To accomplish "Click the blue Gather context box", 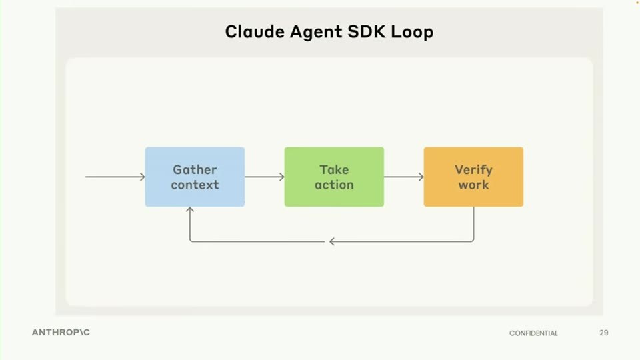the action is pyautogui.click(x=195, y=177).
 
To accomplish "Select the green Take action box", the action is pyautogui.click(x=334, y=177).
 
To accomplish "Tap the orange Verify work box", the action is pyautogui.click(x=473, y=177).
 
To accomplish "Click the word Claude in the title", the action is pyautogui.click(x=255, y=31).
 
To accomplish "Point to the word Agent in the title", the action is pyautogui.click(x=316, y=32).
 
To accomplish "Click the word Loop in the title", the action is pyautogui.click(x=412, y=32).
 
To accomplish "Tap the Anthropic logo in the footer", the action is pyautogui.click(x=61, y=332).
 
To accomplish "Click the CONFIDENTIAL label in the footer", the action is pyautogui.click(x=533, y=333).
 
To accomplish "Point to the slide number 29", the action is pyautogui.click(x=604, y=333).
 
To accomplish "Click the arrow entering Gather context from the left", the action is pyautogui.click(x=115, y=177).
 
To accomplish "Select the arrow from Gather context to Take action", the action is pyautogui.click(x=265, y=177).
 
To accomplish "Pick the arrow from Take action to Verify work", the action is pyautogui.click(x=404, y=177).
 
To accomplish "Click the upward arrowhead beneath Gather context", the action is pyautogui.click(x=190, y=209).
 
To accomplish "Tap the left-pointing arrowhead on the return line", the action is pyautogui.click(x=332, y=241).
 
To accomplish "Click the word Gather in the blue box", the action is pyautogui.click(x=195, y=169).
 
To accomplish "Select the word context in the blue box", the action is pyautogui.click(x=195, y=185).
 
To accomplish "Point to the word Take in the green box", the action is pyautogui.click(x=334, y=169).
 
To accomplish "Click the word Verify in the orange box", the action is pyautogui.click(x=473, y=170).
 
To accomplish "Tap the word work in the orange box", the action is pyautogui.click(x=473, y=185).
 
